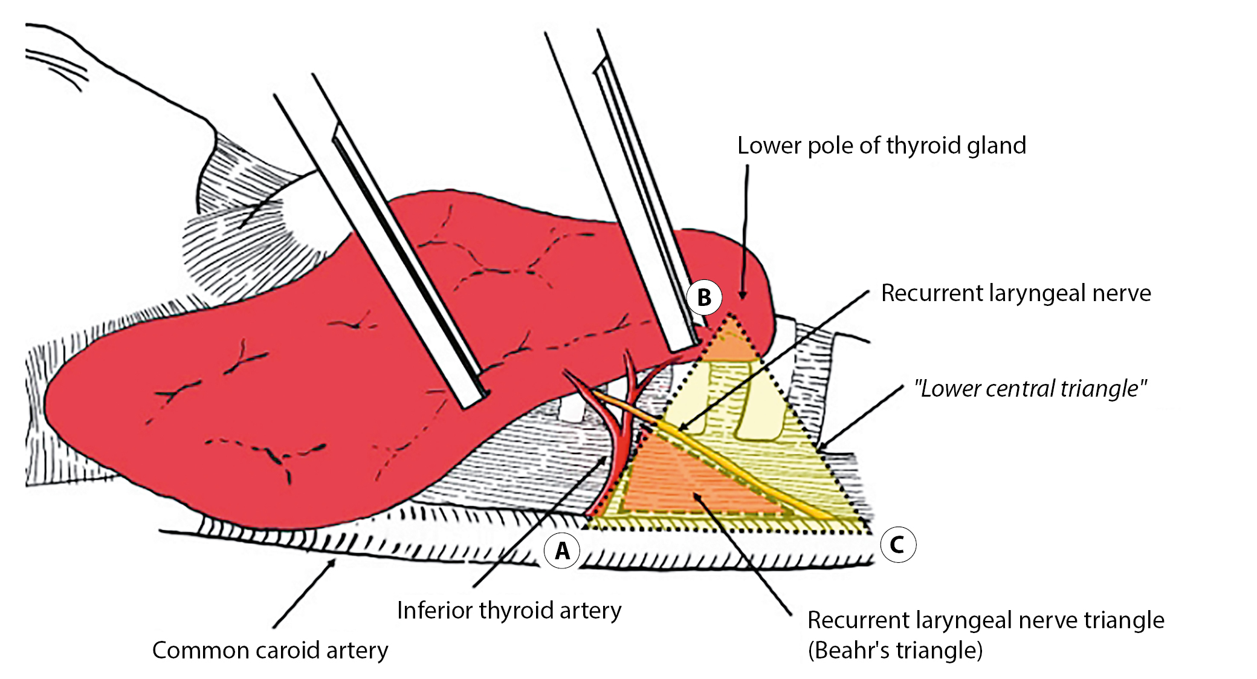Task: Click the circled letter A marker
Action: [x=562, y=551]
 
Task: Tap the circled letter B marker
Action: [x=704, y=297]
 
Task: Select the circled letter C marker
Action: [x=897, y=544]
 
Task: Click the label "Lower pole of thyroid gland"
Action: [x=881, y=146]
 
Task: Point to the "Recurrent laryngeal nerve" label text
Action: [x=1016, y=293]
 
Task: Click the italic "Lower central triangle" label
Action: [x=1030, y=388]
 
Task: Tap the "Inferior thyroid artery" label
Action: [x=509, y=610]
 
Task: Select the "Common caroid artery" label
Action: [x=270, y=650]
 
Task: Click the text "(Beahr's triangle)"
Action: [x=895, y=651]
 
